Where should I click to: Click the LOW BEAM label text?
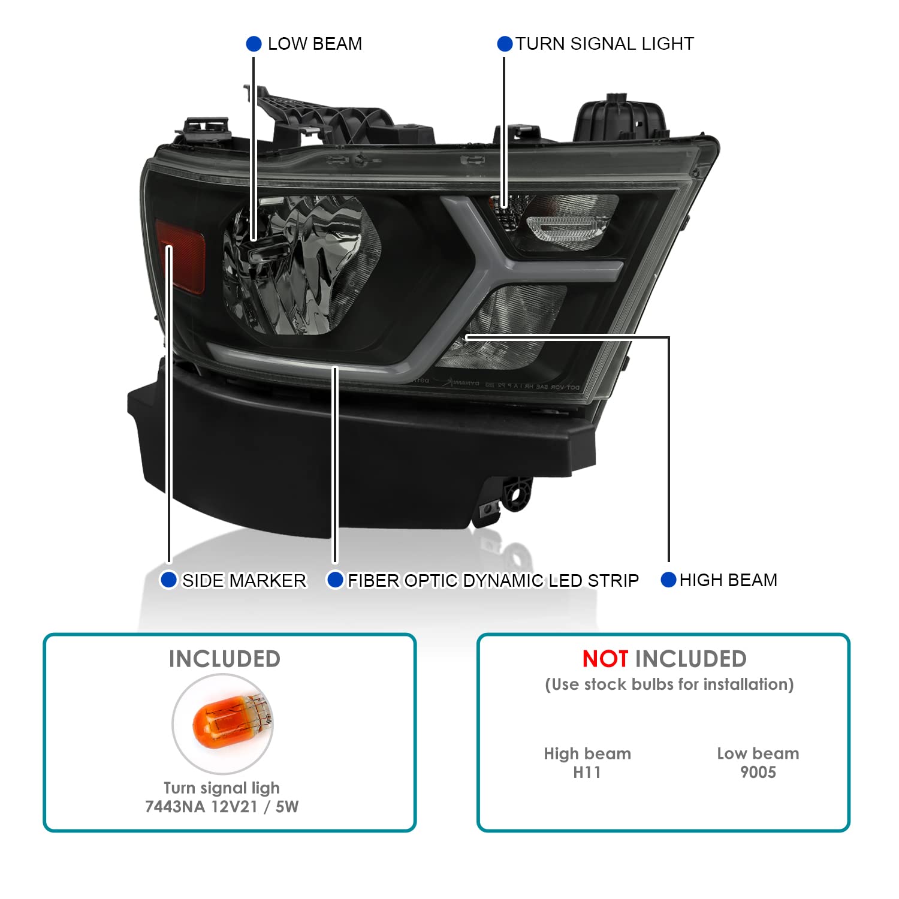coord(315,44)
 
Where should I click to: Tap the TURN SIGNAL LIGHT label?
coord(605,44)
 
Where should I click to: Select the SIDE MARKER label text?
coord(244,580)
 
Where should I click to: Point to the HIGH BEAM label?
coord(728,580)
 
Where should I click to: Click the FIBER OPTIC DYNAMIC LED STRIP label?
coord(493,580)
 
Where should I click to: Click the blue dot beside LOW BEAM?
coord(254,44)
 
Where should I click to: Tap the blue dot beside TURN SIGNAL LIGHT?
coord(505,44)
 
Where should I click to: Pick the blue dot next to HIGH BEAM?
coord(668,580)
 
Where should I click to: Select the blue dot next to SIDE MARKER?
coord(169,580)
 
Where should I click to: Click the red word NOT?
coord(605,659)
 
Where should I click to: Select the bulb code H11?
coord(587,772)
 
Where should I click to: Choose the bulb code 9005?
coord(758,772)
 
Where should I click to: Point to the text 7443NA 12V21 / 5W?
coord(222,807)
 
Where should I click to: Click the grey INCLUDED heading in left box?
coord(225,659)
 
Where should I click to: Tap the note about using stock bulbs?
coord(669,684)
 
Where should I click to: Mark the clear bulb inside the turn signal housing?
coord(557,227)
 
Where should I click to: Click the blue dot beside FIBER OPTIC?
coord(335,580)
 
